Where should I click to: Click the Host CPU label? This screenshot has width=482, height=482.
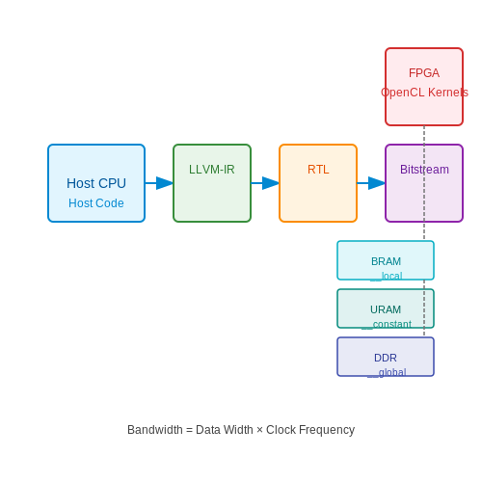(x=96, y=183)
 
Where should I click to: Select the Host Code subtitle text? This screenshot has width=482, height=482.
(x=96, y=203)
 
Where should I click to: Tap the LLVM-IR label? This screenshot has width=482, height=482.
(x=212, y=170)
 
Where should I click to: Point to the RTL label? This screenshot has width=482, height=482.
(x=318, y=170)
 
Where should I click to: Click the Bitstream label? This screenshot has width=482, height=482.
(x=424, y=170)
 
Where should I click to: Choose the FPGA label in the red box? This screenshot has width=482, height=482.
(x=424, y=73)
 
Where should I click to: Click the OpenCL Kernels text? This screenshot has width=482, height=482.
(x=424, y=93)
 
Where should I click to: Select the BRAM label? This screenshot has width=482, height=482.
(x=386, y=261)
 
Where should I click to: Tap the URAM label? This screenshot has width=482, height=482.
(x=386, y=309)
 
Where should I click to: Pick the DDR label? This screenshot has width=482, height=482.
(x=386, y=358)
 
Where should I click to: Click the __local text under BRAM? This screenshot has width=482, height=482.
(x=387, y=276)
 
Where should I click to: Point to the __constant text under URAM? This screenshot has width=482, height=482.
(x=387, y=324)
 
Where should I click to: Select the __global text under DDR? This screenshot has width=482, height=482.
(x=387, y=373)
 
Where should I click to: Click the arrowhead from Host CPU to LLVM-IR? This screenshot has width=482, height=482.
(x=165, y=183)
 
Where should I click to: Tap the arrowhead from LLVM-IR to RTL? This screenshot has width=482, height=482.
(x=271, y=183)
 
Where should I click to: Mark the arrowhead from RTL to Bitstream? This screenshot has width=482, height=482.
(x=377, y=183)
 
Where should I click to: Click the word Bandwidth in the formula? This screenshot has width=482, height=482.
(x=155, y=430)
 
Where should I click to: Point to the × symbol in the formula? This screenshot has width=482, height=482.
(x=259, y=430)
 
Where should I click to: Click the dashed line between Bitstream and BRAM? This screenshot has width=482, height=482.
(x=424, y=231)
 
